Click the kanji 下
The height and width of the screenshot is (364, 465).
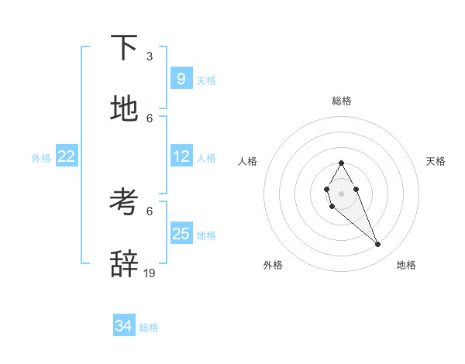click(x=124, y=48)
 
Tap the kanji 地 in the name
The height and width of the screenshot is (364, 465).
click(x=124, y=110)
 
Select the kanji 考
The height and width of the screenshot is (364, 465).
click(x=124, y=203)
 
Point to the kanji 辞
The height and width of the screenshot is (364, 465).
click(x=124, y=265)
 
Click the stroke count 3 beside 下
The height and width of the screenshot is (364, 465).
click(x=150, y=57)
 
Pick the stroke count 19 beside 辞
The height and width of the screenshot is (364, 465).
click(x=150, y=273)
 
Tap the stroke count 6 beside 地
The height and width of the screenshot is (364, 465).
click(x=150, y=118)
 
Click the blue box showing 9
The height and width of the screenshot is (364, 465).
click(x=181, y=79)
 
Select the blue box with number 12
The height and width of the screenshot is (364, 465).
click(x=181, y=156)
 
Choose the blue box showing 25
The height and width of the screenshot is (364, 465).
click(x=181, y=234)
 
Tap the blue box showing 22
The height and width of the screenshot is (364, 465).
click(x=67, y=156)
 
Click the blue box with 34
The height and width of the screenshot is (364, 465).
click(x=124, y=327)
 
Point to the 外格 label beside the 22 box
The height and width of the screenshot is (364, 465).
click(x=41, y=158)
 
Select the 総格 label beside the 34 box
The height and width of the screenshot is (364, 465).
click(x=149, y=328)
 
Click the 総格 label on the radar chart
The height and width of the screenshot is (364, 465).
click(x=342, y=101)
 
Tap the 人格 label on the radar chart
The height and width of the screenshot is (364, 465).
click(x=248, y=161)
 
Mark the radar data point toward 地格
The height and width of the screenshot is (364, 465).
click(x=378, y=245)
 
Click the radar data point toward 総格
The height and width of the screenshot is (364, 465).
click(x=341, y=163)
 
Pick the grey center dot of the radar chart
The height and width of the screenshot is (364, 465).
click(x=341, y=192)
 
